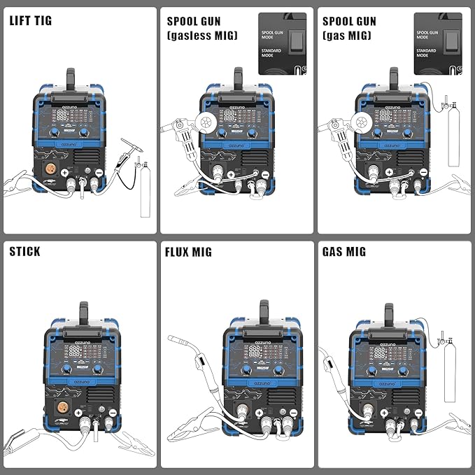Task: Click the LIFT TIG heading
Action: (x=31, y=20)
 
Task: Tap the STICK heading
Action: (x=24, y=251)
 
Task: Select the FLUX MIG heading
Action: (x=188, y=252)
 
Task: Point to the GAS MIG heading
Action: (x=344, y=252)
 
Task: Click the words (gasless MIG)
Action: (x=201, y=35)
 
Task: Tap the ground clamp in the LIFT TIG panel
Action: (x=21, y=186)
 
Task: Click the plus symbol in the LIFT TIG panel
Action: (x=65, y=172)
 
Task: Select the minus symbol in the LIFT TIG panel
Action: (x=99, y=172)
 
